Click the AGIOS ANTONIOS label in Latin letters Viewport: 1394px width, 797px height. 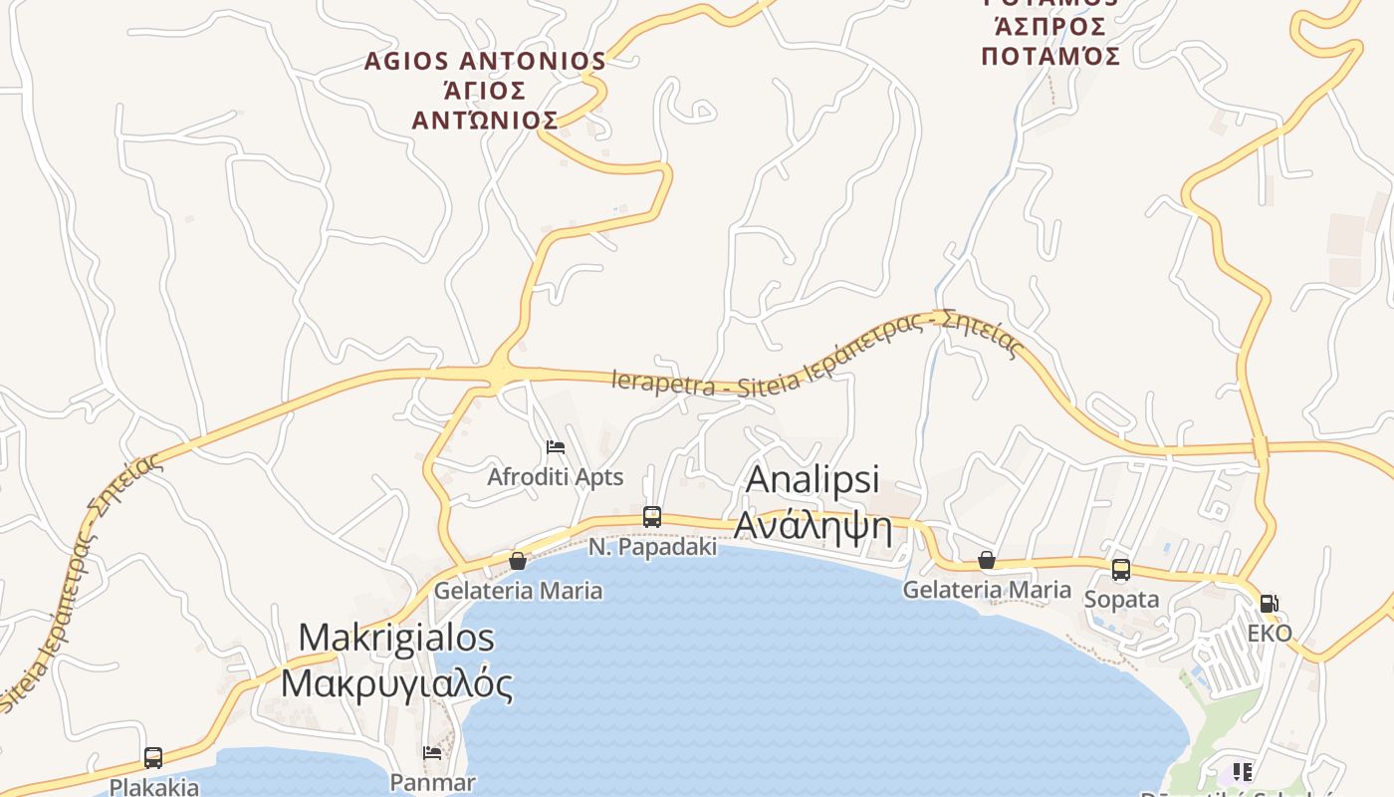click(x=485, y=62)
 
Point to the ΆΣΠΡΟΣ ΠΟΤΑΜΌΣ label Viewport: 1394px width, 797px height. click(x=1050, y=42)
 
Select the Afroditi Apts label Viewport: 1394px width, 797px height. click(x=555, y=477)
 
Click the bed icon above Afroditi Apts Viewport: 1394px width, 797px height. click(x=556, y=447)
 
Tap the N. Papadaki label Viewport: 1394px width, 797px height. click(x=652, y=547)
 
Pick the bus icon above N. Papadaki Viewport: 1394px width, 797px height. click(x=652, y=517)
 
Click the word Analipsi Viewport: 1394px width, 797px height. click(x=813, y=479)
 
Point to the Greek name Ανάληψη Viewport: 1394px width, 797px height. click(x=813, y=523)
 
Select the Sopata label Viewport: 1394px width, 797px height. click(x=1121, y=600)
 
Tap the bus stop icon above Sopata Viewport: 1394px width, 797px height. click(x=1121, y=570)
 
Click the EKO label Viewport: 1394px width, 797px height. click(x=1270, y=634)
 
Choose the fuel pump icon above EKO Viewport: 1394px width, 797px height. click(x=1269, y=603)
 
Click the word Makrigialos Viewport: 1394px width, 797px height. click(x=396, y=637)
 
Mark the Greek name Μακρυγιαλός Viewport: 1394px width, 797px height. click(x=396, y=683)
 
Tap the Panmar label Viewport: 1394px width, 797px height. click(x=432, y=782)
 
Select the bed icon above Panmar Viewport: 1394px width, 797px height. click(x=432, y=753)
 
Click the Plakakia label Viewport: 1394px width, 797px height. click(x=153, y=787)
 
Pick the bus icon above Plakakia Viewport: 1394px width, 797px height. click(x=153, y=758)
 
